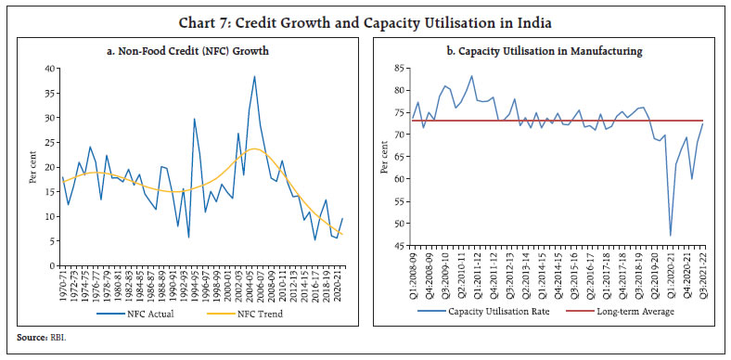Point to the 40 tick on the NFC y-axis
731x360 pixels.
(x=50, y=68)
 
